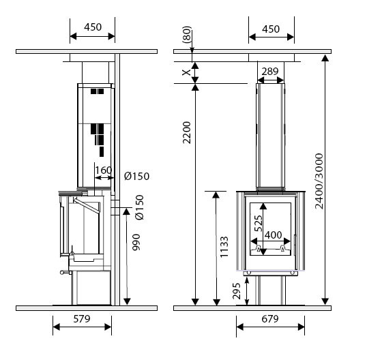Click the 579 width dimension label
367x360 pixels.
tap(82, 318)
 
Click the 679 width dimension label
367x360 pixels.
tap(270, 318)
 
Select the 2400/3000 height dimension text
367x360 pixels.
tap(319, 181)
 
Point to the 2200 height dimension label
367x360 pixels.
tap(187, 132)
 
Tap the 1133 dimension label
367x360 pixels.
tap(224, 247)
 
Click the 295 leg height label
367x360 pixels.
tap(237, 291)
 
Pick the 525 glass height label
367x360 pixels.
tap(259, 224)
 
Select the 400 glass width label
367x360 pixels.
tap(273, 235)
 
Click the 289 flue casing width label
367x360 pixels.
tap(270, 72)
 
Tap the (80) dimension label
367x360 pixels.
tap(187, 35)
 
